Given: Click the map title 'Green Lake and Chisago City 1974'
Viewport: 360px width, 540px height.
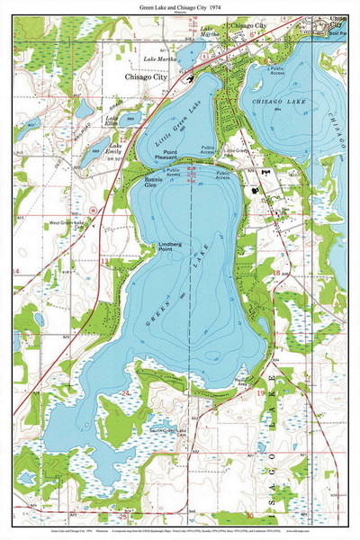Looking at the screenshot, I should (x=180, y=7).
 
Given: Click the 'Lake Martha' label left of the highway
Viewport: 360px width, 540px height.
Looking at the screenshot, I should (x=160, y=59).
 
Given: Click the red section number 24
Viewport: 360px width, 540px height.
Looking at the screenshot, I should (x=126, y=368).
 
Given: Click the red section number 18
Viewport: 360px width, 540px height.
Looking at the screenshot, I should (x=276, y=269).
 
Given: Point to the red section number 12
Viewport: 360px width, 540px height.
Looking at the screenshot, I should (x=121, y=139).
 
